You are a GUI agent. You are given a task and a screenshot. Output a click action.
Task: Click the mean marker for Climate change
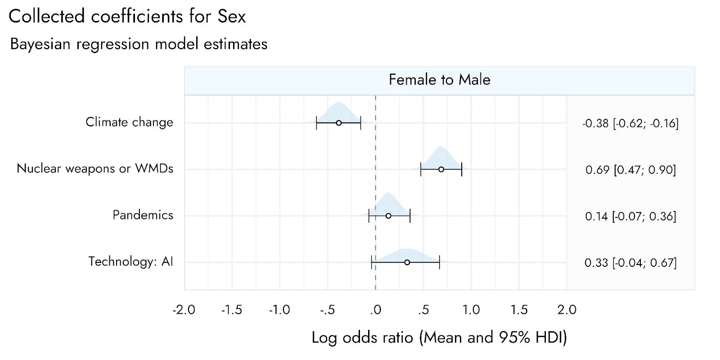click(x=339, y=123)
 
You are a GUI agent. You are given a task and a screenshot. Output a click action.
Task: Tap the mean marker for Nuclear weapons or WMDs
click(x=441, y=169)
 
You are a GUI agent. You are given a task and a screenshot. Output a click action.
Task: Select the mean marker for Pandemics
click(x=388, y=216)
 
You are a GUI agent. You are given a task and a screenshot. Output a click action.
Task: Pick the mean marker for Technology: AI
click(x=407, y=263)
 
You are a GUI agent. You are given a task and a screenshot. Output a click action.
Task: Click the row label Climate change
click(x=129, y=122)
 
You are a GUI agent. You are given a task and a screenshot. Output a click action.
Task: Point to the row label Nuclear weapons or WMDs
click(x=95, y=168)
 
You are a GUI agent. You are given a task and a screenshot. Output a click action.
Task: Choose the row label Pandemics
click(x=143, y=215)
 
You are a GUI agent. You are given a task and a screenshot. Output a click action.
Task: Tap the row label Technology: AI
click(x=130, y=261)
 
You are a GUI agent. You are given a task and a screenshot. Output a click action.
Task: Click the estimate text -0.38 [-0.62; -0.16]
click(x=630, y=123)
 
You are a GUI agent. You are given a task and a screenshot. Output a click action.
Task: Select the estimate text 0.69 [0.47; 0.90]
click(x=630, y=170)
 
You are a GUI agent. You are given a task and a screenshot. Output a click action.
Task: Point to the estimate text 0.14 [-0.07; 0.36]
click(x=630, y=216)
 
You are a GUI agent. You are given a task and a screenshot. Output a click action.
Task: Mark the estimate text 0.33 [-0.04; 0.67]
click(x=630, y=263)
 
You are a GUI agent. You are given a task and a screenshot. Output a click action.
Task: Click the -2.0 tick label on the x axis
click(x=184, y=310)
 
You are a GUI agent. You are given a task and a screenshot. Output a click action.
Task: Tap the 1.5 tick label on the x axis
click(x=519, y=310)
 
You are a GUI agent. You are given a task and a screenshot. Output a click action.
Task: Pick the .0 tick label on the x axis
click(x=375, y=310)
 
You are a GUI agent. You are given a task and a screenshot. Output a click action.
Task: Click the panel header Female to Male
click(x=439, y=80)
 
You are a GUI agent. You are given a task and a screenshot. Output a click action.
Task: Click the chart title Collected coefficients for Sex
click(x=127, y=16)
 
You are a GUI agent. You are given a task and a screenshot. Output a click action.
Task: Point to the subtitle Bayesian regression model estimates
click(x=139, y=44)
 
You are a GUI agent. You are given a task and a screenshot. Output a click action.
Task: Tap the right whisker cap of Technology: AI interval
click(x=439, y=263)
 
